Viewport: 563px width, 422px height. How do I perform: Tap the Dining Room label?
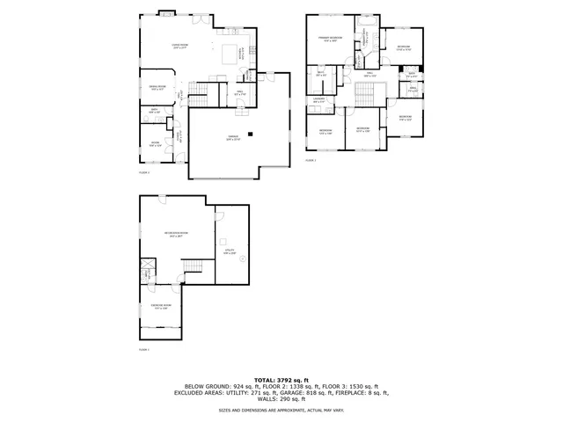pyautogui.click(x=157, y=88)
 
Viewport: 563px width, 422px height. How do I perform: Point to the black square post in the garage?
pyautogui.click(x=251, y=134)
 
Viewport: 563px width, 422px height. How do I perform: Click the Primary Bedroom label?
pyautogui.click(x=330, y=40)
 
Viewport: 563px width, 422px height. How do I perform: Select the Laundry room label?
pyautogui.click(x=320, y=99)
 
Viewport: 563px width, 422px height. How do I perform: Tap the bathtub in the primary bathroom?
pyautogui.click(x=369, y=21)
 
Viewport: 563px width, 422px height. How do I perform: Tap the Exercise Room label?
pyautogui.click(x=161, y=307)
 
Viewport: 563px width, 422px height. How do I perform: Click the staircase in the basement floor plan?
pyautogui.click(x=192, y=266)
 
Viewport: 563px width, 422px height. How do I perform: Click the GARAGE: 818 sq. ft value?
pyautogui.click(x=340, y=393)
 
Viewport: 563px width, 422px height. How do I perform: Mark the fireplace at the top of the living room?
pyautogui.click(x=165, y=15)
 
